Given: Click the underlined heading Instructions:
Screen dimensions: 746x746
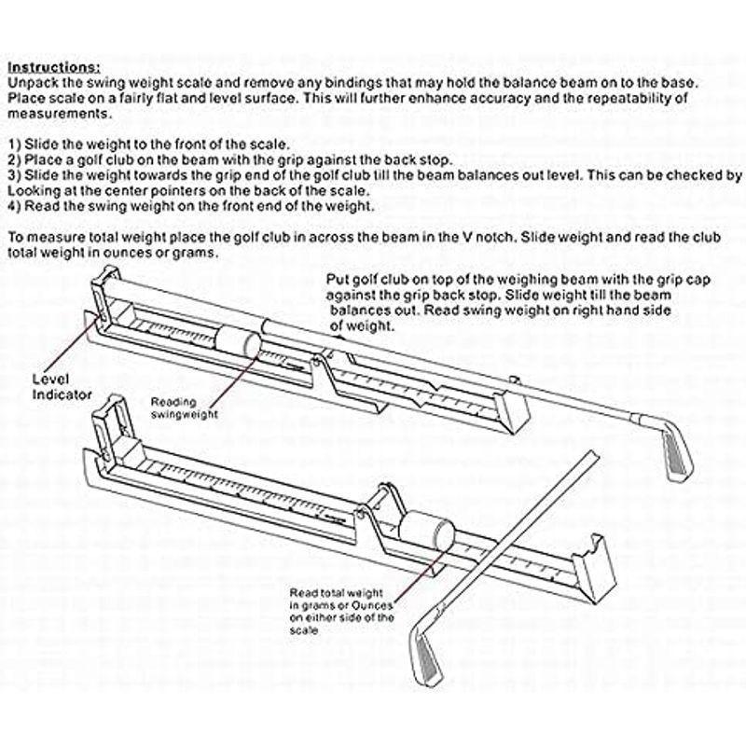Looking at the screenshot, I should pos(54,67).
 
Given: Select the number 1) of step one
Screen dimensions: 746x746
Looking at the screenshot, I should pos(14,145).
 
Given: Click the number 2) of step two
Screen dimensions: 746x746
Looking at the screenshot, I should pos(14,159).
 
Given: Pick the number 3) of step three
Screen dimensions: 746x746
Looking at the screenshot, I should pos(14,174).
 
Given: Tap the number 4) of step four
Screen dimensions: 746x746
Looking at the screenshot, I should pos(14,204).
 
